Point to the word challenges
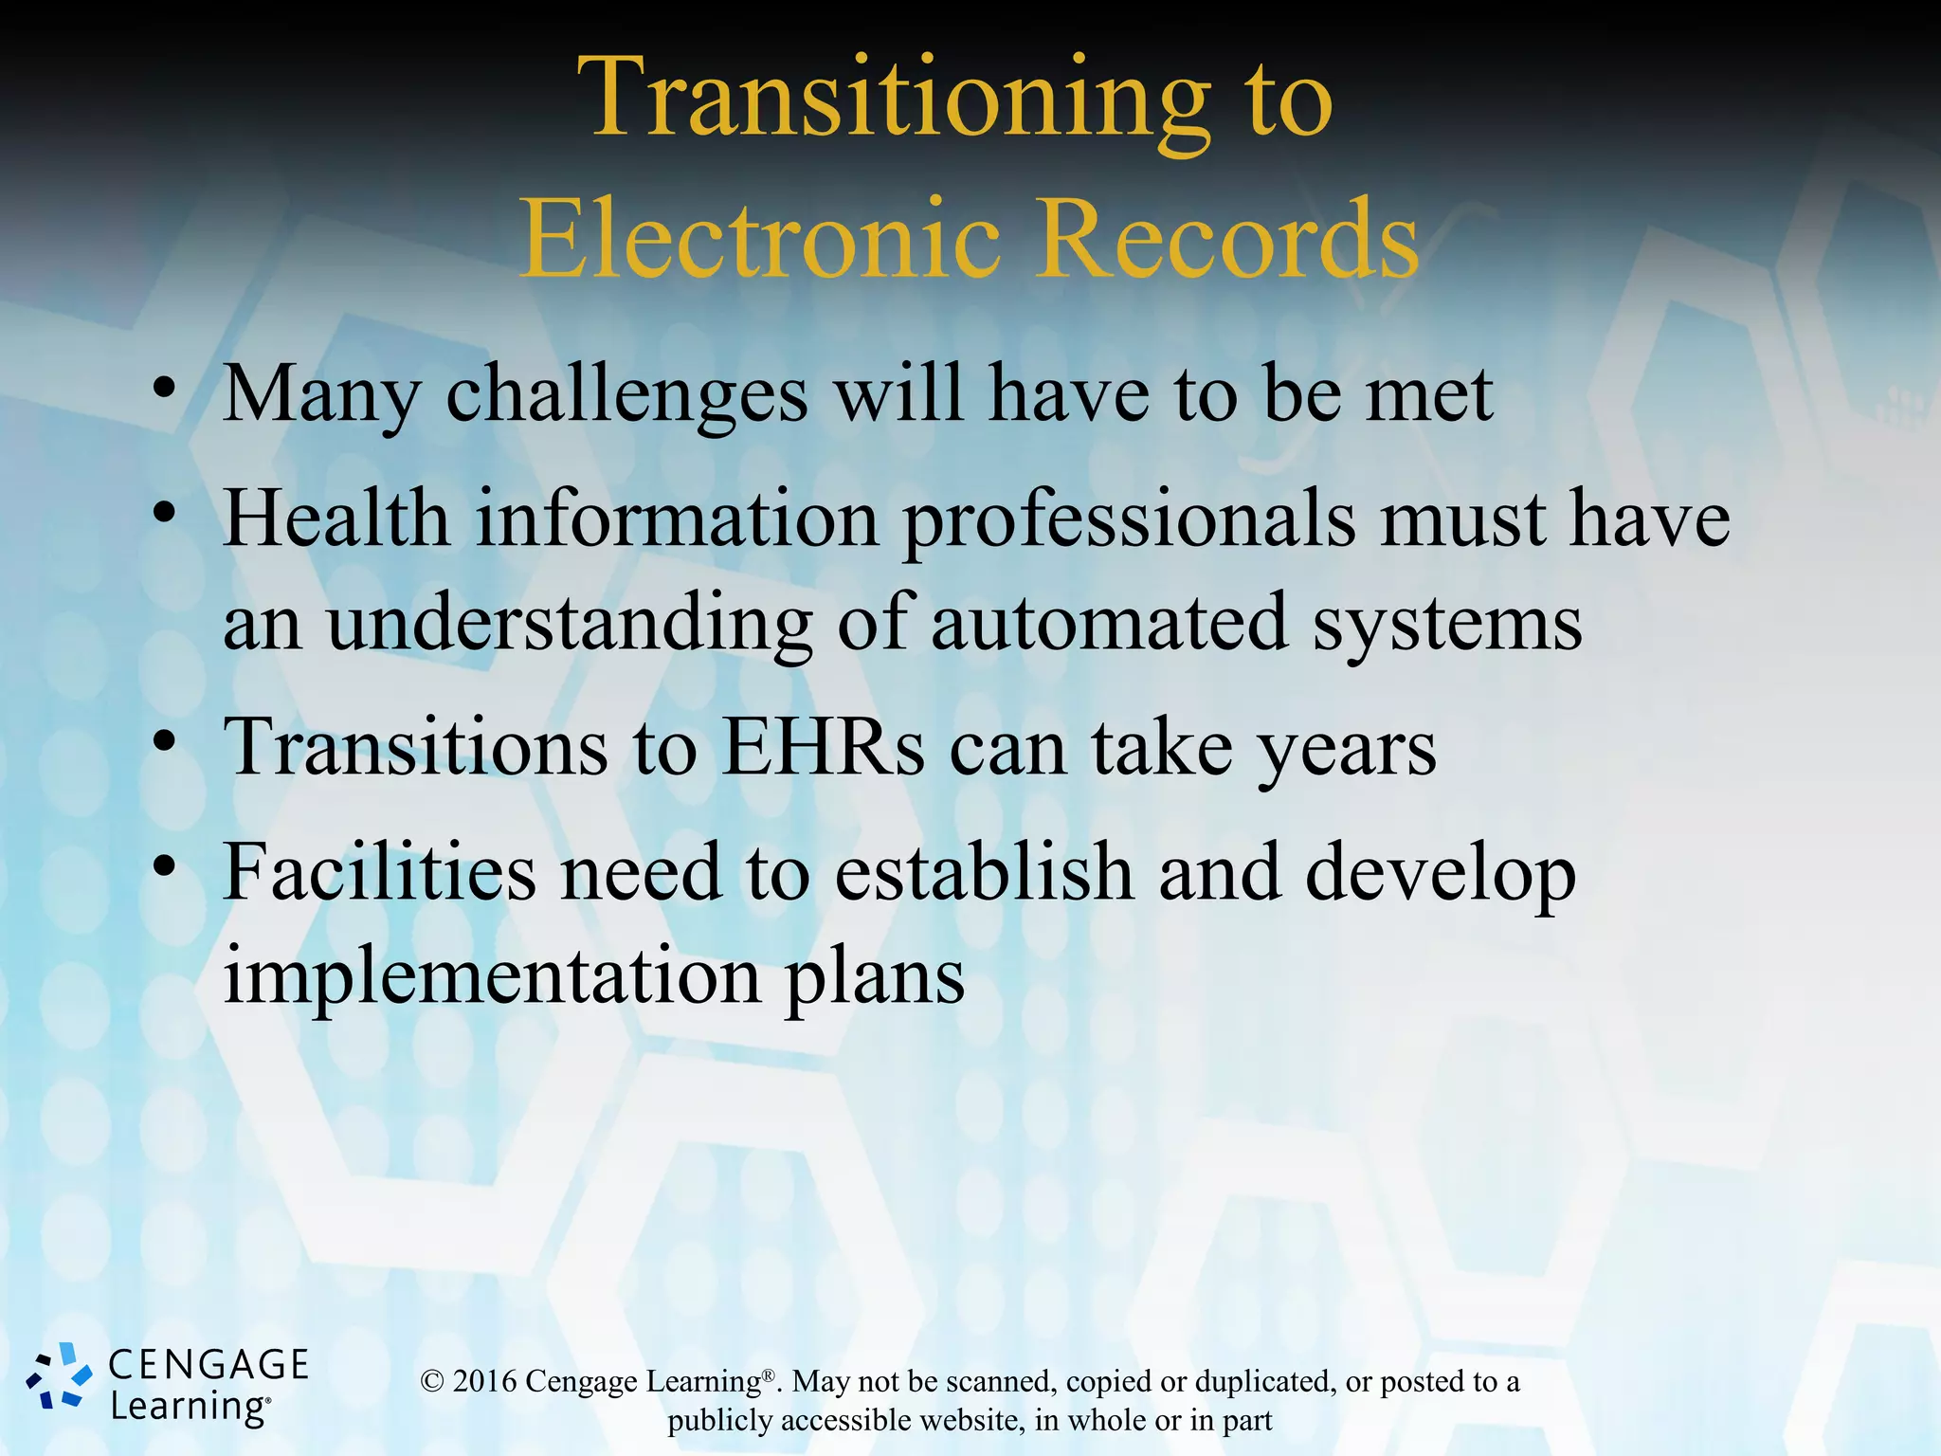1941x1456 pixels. pyautogui.click(x=626, y=395)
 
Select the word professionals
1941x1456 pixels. pyautogui.click(x=1129, y=520)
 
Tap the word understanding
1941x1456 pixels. pyautogui.click(x=569, y=625)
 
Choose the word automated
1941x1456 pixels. pyautogui.click(x=1109, y=625)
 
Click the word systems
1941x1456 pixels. pyautogui.click(x=1446, y=625)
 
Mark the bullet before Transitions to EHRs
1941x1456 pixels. pyautogui.click(x=165, y=742)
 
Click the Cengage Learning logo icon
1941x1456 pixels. pyautogui.click(x=60, y=1375)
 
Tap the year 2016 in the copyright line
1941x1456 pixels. pyautogui.click(x=484, y=1382)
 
